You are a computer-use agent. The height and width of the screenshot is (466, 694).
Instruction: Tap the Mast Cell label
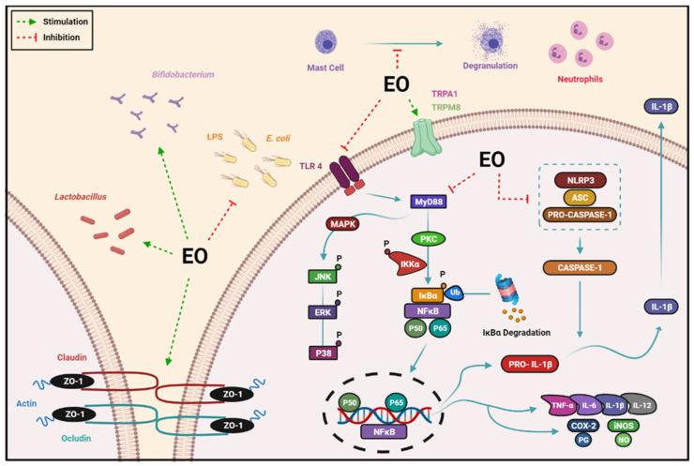pos(330,68)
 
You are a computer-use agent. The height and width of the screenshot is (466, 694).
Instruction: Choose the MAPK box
pos(348,224)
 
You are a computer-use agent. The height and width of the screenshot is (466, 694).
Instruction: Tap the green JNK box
pos(322,278)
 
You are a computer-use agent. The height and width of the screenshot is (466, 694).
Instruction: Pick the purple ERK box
pos(322,314)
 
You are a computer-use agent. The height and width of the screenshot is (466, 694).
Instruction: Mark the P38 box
pos(322,352)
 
